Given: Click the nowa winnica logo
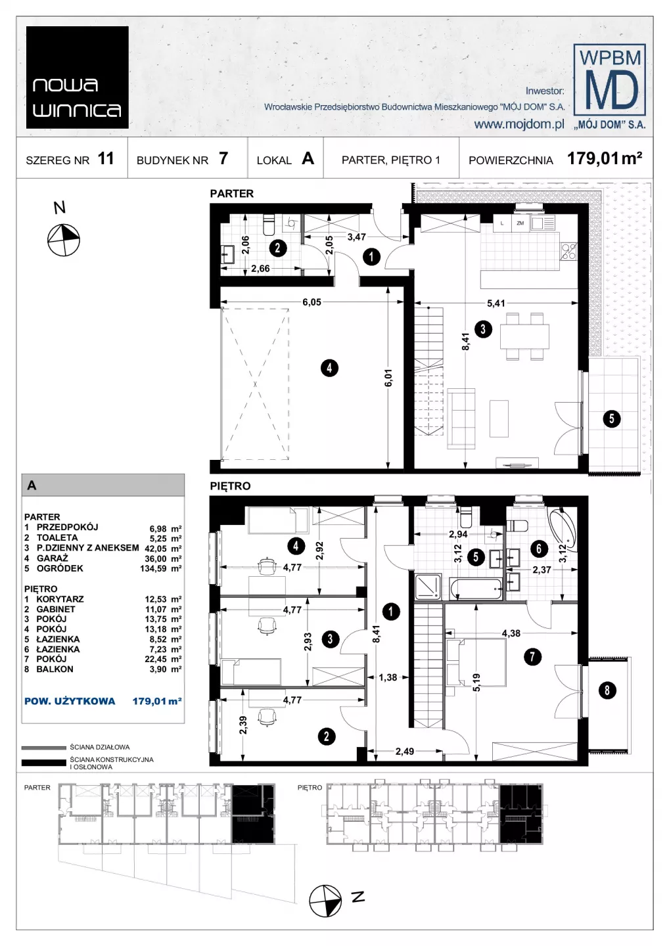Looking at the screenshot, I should pos(77,78).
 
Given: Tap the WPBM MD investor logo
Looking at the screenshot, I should pos(610,85).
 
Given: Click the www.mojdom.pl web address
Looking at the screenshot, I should pos(519,124).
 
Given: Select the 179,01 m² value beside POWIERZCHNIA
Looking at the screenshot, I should pos(604,159).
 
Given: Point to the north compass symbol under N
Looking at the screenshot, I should pos(64,240).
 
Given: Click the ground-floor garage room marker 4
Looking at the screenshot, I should pos(329,368).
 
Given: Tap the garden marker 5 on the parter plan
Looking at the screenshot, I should pos(612,418).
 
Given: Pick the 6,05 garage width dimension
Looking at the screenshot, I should pos(311,302).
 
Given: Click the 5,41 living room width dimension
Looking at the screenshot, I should pos(496,303).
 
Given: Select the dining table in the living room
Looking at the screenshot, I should pos(524,337).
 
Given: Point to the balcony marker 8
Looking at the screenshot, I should pos(607,690).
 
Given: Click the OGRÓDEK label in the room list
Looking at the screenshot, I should pos(60,568).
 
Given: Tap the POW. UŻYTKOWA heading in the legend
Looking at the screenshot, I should pos(70,701).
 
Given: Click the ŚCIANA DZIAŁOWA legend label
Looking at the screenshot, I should pos(100,747).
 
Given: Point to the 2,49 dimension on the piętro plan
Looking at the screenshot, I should pos(405,752).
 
